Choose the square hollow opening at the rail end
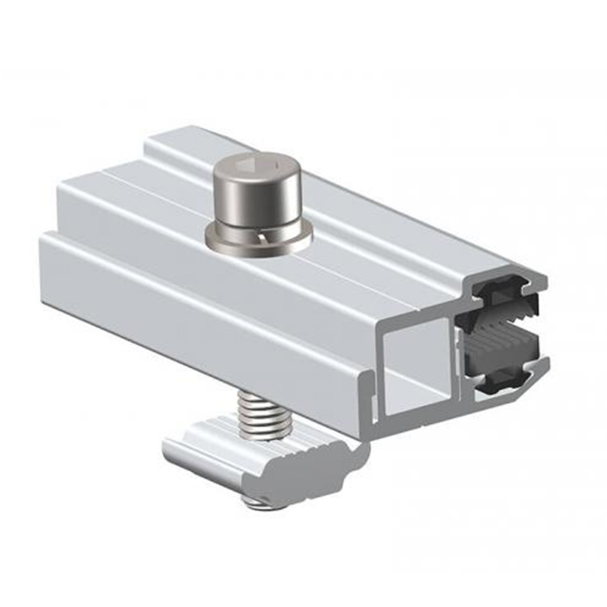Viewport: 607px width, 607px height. [422, 357]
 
